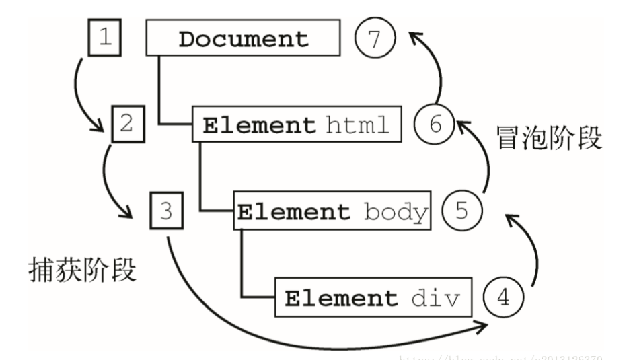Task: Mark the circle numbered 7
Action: click(375, 38)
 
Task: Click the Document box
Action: click(243, 38)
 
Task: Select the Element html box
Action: click(297, 124)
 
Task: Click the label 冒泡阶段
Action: click(549, 140)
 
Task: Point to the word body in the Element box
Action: click(396, 212)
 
